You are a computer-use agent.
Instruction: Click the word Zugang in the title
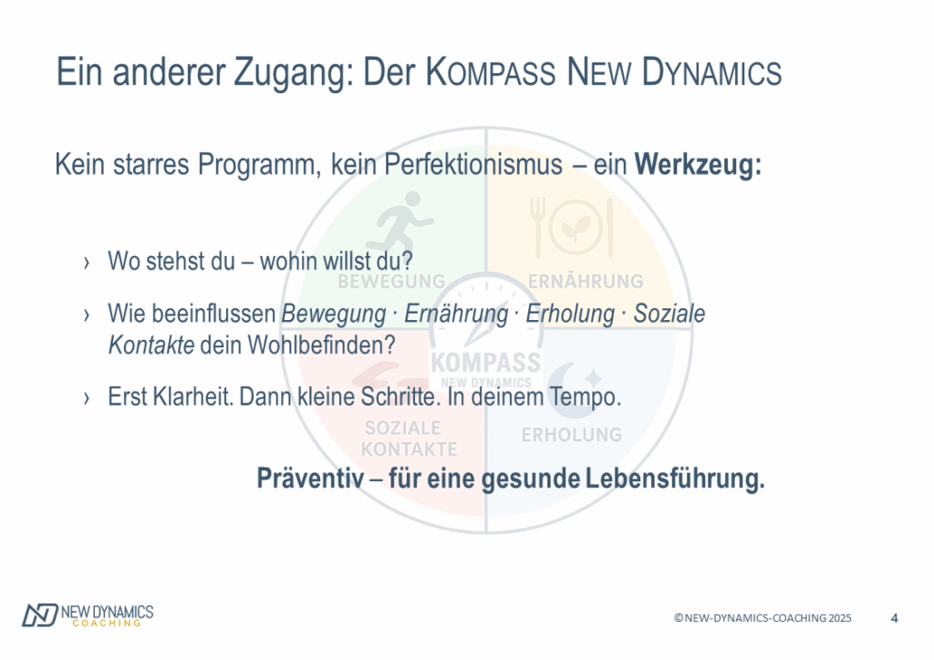[x=289, y=73]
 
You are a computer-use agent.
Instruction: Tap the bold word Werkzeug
[x=698, y=164]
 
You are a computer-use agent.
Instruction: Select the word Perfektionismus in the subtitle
[x=473, y=164]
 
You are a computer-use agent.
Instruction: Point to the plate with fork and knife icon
[x=572, y=227]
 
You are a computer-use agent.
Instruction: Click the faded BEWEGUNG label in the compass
[x=392, y=281]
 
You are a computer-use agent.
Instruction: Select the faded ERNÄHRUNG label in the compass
[x=586, y=281]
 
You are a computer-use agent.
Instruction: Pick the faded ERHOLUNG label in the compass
[x=572, y=435]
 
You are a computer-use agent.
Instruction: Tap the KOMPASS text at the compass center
[x=486, y=362]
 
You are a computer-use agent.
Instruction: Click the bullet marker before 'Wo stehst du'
[x=87, y=263]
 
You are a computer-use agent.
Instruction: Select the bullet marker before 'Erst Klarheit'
[x=87, y=397]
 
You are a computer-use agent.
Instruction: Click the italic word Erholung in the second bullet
[x=570, y=315]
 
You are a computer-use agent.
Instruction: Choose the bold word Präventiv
[x=310, y=478]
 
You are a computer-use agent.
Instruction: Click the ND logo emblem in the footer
[x=40, y=614]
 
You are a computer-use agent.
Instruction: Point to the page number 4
[x=894, y=618]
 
